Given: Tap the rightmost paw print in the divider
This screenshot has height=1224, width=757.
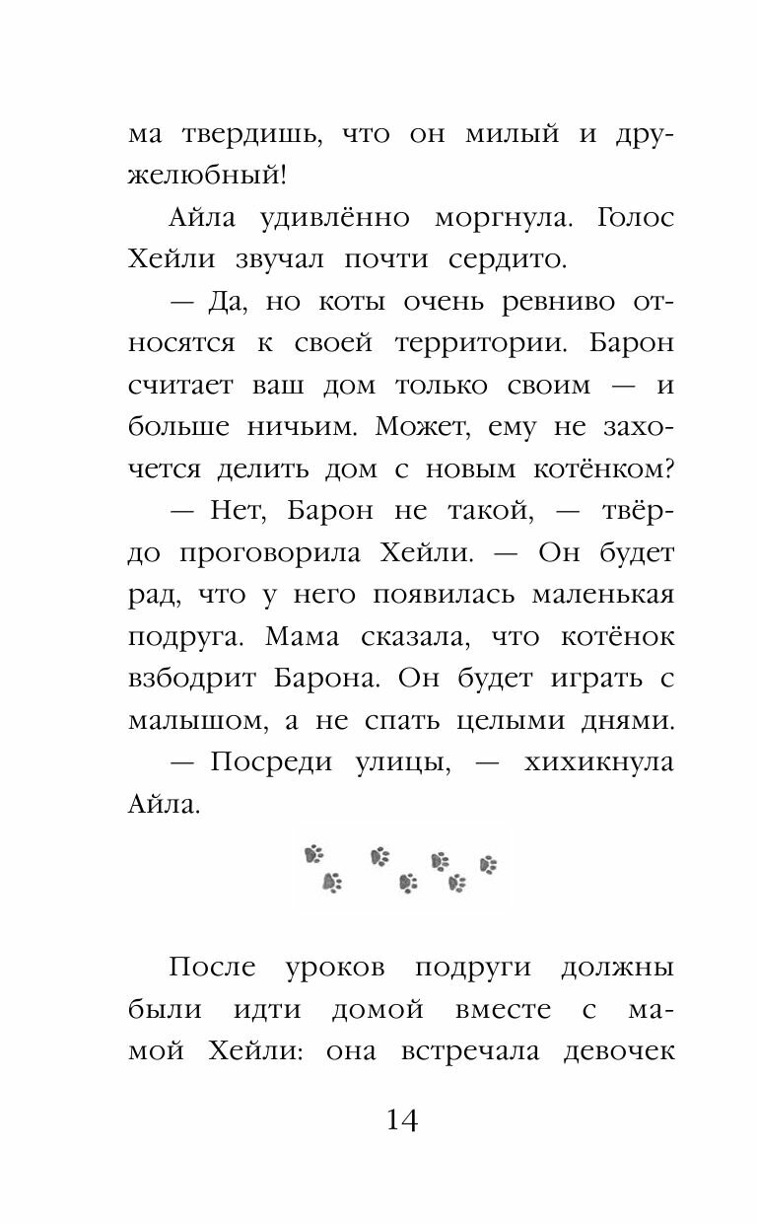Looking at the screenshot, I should (488, 865).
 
